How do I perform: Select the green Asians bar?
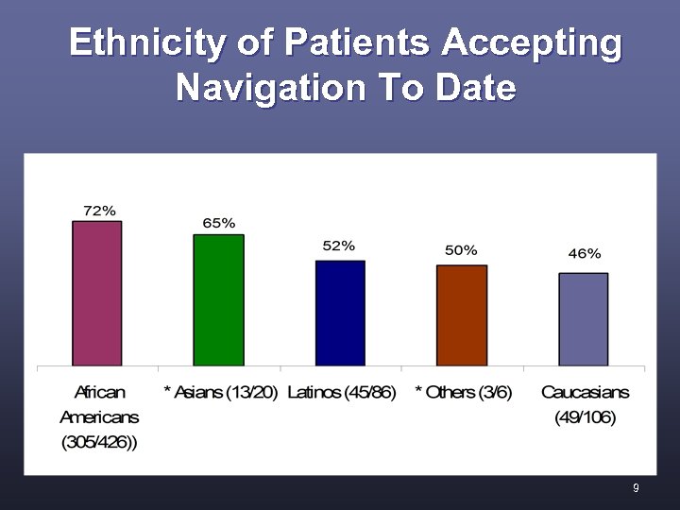tap(219, 299)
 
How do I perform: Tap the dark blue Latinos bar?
tap(340, 313)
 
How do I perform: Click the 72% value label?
tap(100, 211)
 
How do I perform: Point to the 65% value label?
tap(219, 223)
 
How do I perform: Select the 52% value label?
tap(339, 246)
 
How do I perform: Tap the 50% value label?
tap(461, 250)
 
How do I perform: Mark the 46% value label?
tap(585, 253)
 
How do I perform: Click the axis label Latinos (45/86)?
tap(340, 392)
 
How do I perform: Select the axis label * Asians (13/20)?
tap(221, 392)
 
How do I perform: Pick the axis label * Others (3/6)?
tap(463, 392)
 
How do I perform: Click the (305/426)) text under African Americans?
tap(99, 442)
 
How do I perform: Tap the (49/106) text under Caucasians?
tap(586, 416)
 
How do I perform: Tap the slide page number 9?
tap(636, 488)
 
